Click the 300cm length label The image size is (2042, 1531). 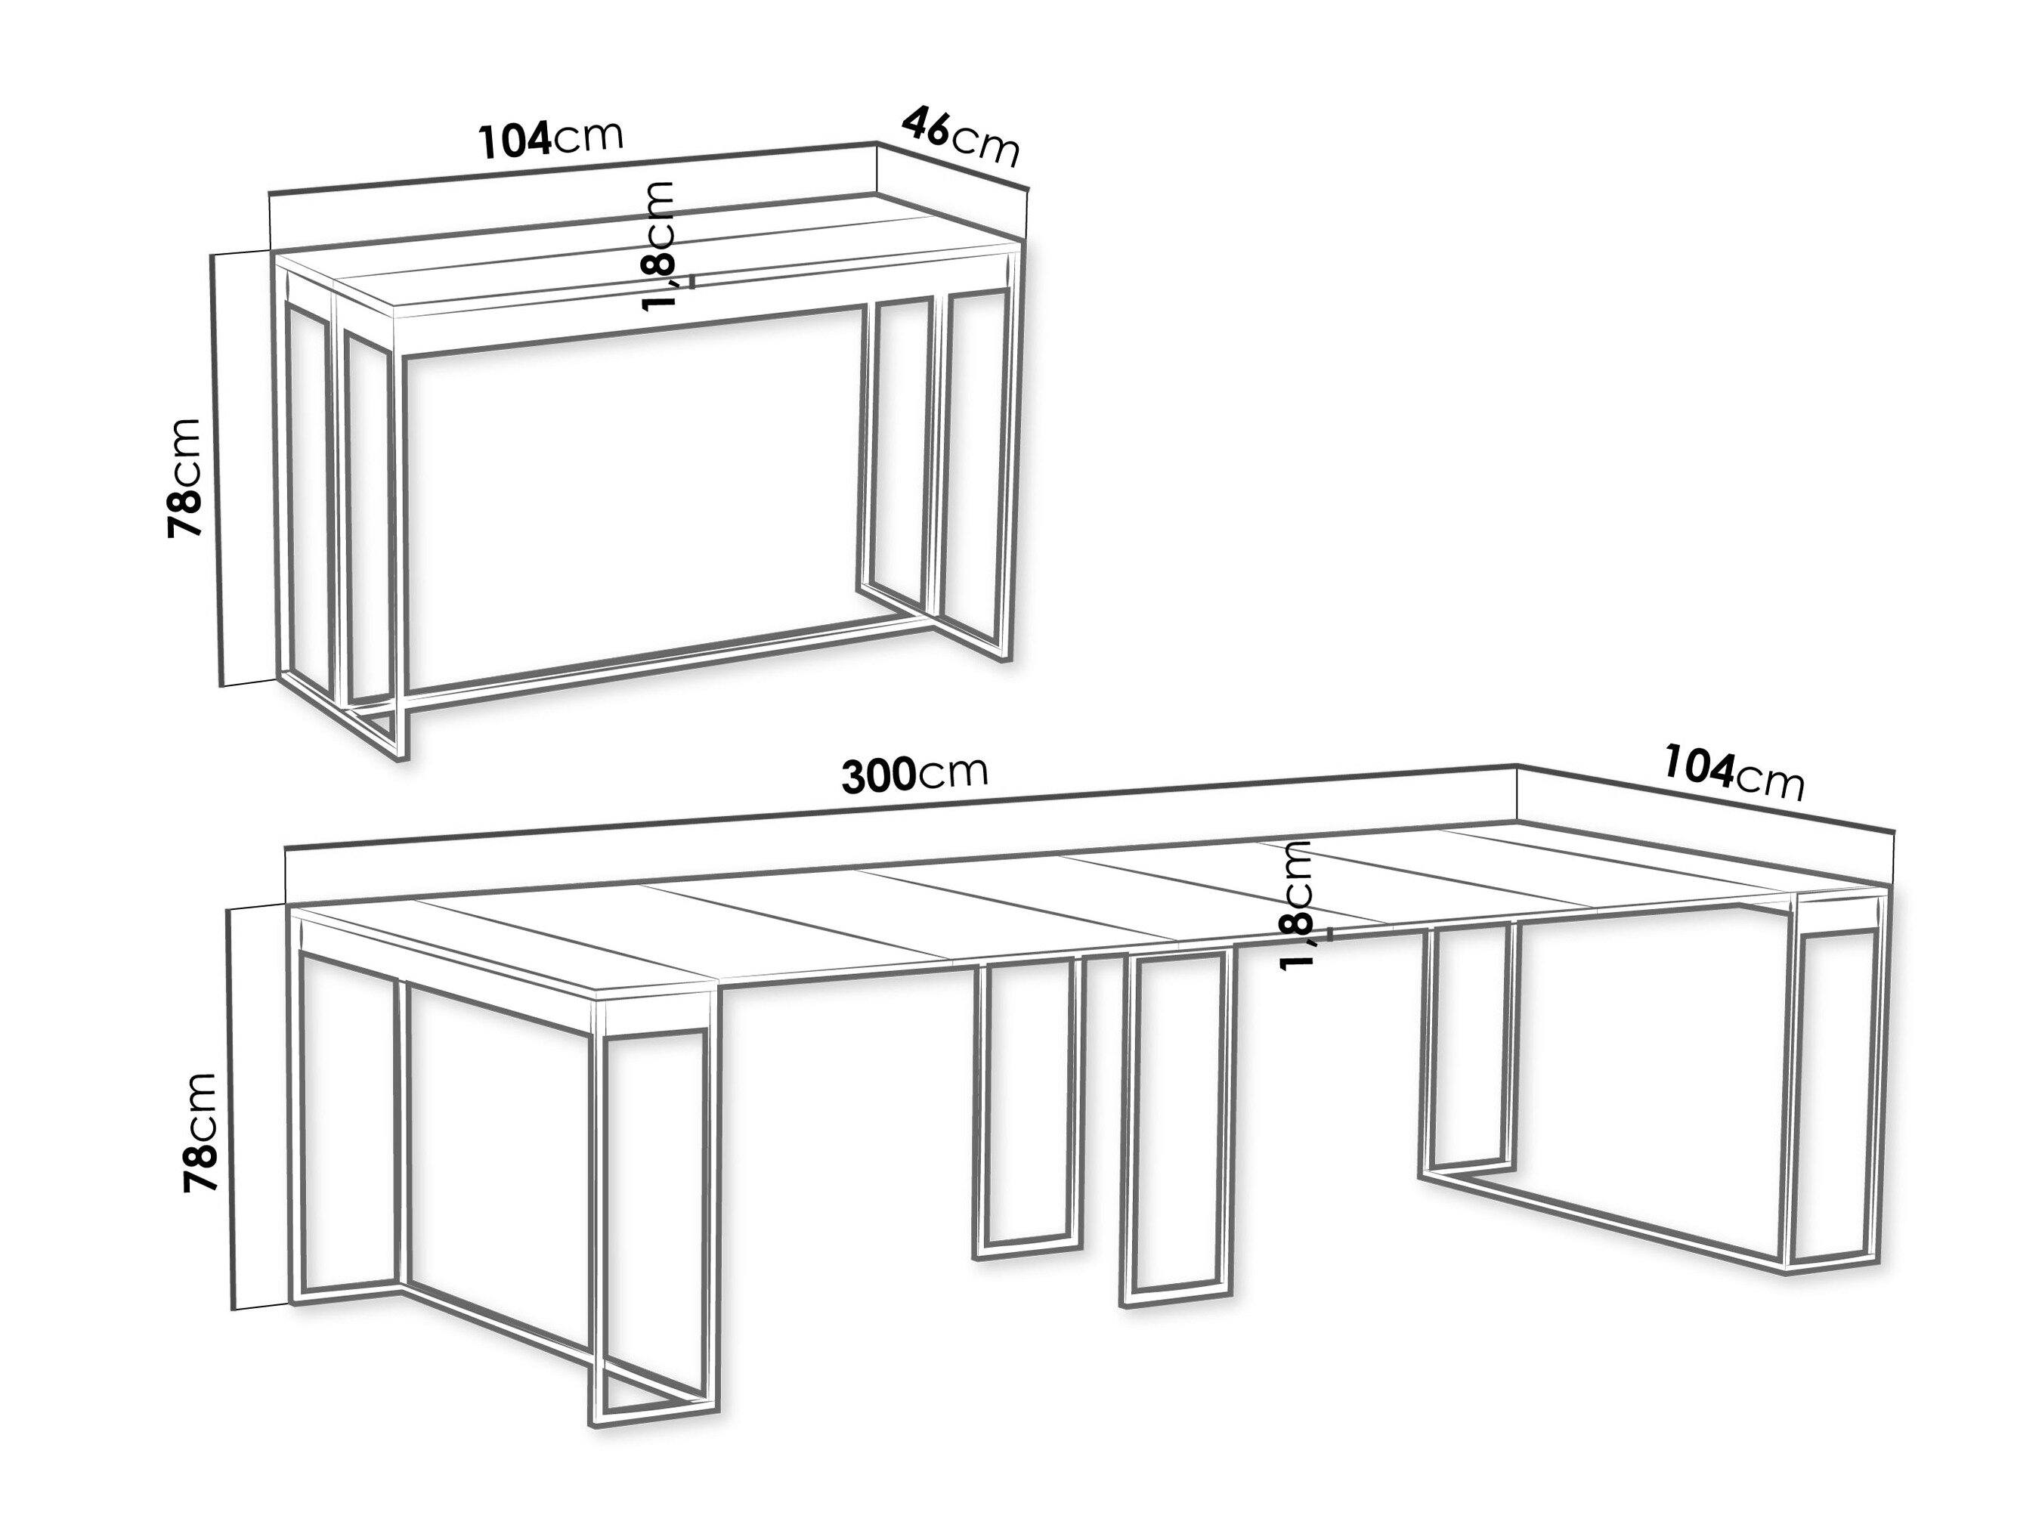tap(915, 775)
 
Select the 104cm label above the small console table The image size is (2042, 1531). tap(551, 138)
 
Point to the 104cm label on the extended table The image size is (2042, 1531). tap(1734, 773)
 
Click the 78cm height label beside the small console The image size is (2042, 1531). tap(184, 477)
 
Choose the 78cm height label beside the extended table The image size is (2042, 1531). tap(200, 1132)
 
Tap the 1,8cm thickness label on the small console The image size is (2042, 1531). tap(659, 246)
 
